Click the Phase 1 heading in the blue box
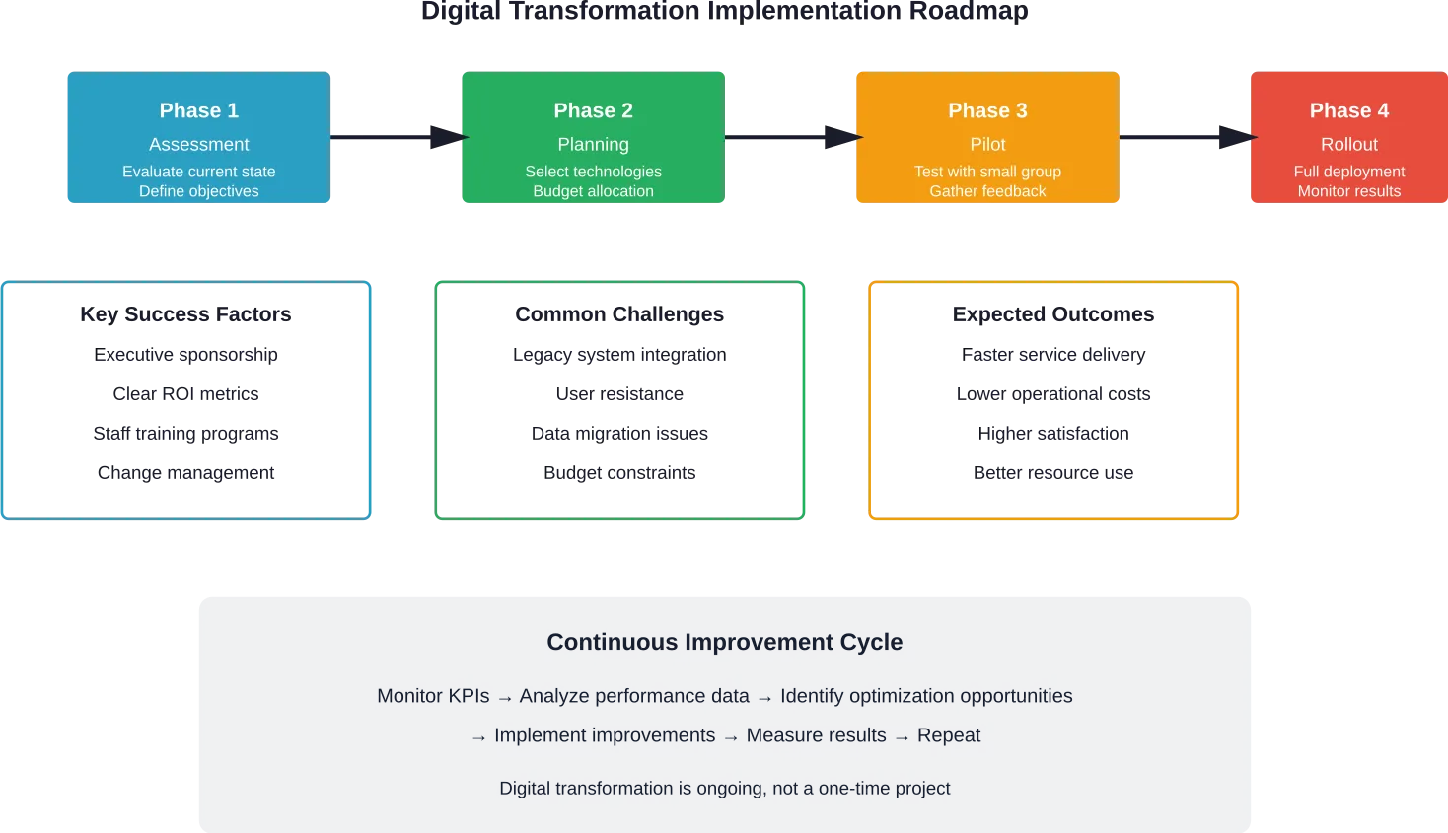coord(198,110)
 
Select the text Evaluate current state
coord(198,172)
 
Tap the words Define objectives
coord(198,191)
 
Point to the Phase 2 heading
coord(593,110)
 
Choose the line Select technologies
coord(593,172)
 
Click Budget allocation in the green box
coord(593,191)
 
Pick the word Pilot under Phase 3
coord(987,144)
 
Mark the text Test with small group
coord(987,172)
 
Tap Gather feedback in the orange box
coord(987,191)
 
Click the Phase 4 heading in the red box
coord(1348,110)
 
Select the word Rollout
coord(1348,144)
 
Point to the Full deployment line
coord(1348,172)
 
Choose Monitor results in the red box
coord(1348,191)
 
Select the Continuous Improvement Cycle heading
coord(724,642)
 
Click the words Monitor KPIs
coord(433,696)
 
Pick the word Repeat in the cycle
coord(949,735)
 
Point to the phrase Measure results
coord(816,735)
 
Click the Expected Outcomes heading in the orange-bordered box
coord(1052,313)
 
